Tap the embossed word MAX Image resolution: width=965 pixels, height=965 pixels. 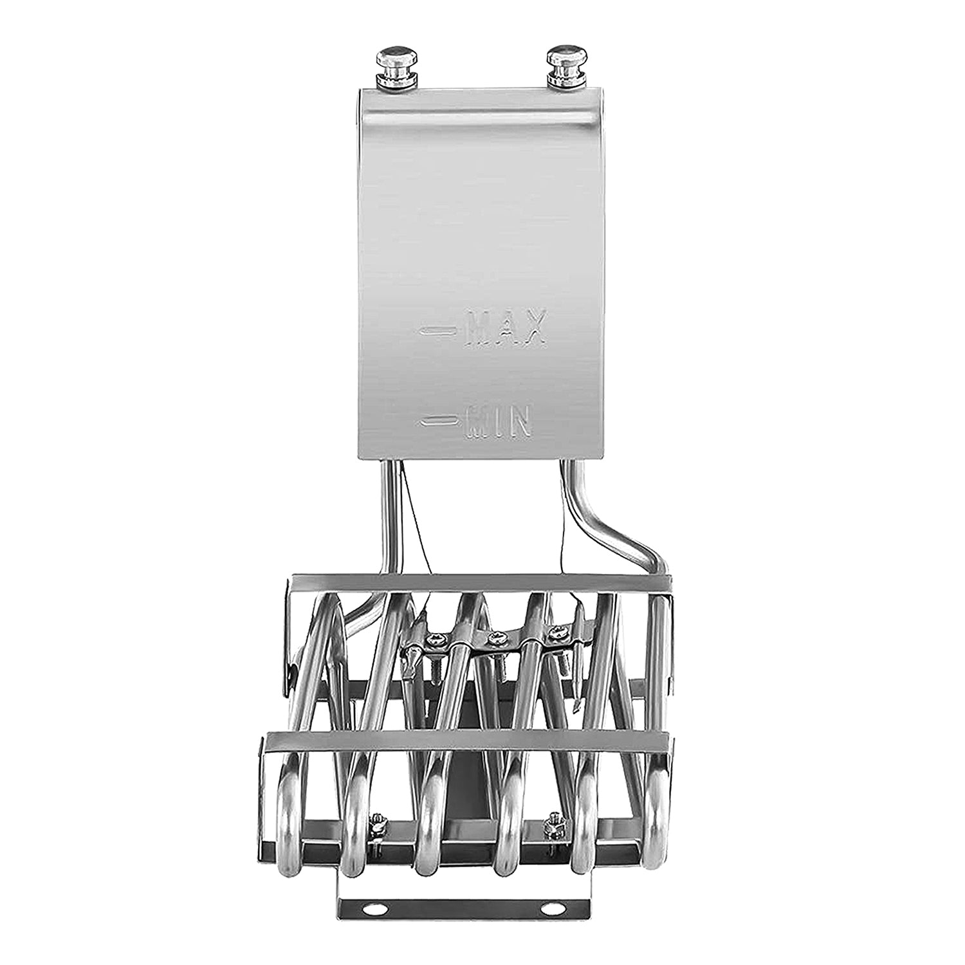[506, 329]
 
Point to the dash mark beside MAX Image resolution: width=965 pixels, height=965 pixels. [438, 331]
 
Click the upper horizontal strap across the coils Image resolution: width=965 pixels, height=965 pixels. [476, 583]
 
